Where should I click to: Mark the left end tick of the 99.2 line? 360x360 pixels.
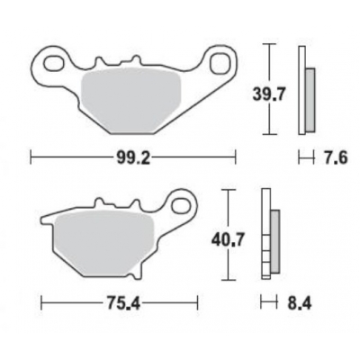coord(32,158)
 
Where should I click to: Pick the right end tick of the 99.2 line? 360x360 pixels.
coord(237,158)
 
